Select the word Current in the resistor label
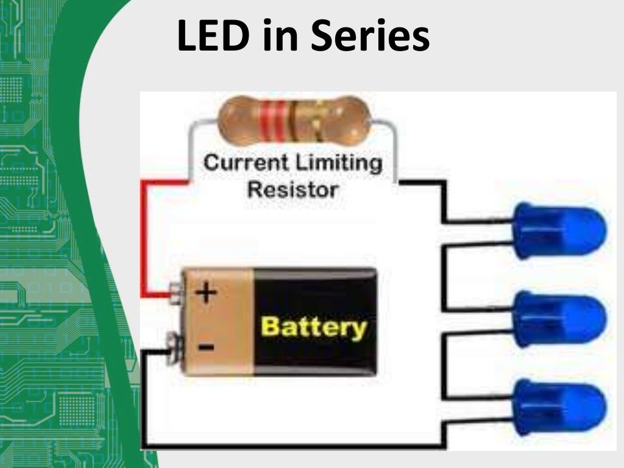(x=247, y=163)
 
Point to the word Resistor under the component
(x=292, y=190)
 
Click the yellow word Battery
(x=314, y=327)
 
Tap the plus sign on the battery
(x=207, y=293)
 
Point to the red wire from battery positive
(x=144, y=238)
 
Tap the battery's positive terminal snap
(x=177, y=291)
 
